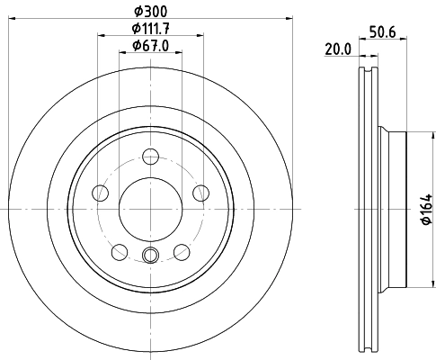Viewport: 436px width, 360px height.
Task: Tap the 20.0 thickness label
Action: pyautogui.click(x=337, y=50)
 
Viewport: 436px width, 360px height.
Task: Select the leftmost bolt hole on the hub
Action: pyautogui.click(x=101, y=193)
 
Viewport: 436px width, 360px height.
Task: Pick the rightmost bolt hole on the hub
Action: pyautogui.click(x=201, y=193)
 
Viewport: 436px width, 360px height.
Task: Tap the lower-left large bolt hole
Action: pyautogui.click(x=120, y=252)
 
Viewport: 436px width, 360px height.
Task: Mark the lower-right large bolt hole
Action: pyautogui.click(x=182, y=252)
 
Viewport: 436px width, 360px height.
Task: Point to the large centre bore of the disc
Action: pyautogui.click(x=151, y=209)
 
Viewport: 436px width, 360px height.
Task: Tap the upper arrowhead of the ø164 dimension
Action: pyautogui.click(x=415, y=135)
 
